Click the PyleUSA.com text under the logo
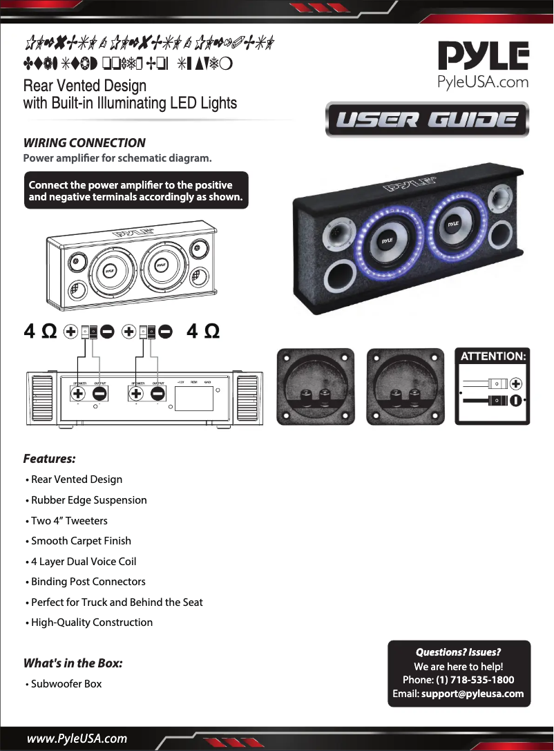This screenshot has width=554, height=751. pyautogui.click(x=484, y=82)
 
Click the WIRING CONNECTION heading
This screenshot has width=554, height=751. pyautogui.click(x=84, y=143)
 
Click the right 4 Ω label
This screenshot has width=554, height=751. pyautogui.click(x=204, y=332)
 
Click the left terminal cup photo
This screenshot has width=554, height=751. pyautogui.click(x=315, y=387)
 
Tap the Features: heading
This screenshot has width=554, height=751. pyautogui.click(x=49, y=459)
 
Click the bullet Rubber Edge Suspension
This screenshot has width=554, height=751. pyautogui.click(x=88, y=500)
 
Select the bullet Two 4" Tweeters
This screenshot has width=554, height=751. pyautogui.click(x=69, y=520)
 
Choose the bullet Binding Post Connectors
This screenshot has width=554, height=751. pyautogui.click(x=88, y=582)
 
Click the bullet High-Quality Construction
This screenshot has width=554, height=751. pyautogui.click(x=92, y=622)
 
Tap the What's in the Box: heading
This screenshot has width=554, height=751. pyautogui.click(x=73, y=663)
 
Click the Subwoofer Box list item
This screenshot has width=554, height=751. pyautogui.click(x=66, y=684)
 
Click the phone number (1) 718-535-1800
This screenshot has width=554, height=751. pyautogui.click(x=475, y=680)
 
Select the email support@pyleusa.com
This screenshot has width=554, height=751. pyautogui.click(x=472, y=694)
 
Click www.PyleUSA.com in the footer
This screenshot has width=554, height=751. pyautogui.click(x=77, y=739)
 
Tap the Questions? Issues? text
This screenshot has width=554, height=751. pyautogui.click(x=458, y=652)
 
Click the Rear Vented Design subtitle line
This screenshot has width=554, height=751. pyautogui.click(x=84, y=86)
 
